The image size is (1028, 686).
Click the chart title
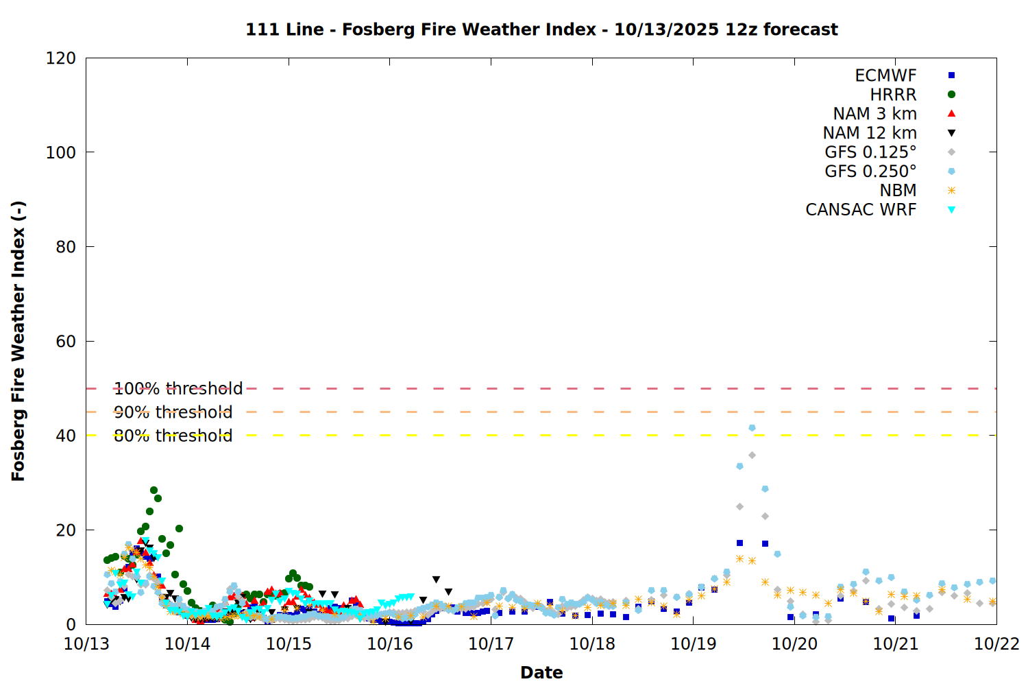[x=541, y=29]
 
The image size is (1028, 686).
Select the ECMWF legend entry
[x=885, y=75]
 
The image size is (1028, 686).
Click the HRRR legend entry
[x=893, y=95]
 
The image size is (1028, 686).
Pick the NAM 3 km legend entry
[x=874, y=114]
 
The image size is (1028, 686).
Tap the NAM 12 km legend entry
[x=870, y=133]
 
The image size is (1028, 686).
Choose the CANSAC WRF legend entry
[x=861, y=210]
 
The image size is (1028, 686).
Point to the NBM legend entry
[x=898, y=191]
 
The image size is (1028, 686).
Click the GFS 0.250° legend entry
[x=870, y=171]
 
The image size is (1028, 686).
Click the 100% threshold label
[x=178, y=389]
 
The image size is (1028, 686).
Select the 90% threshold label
[x=173, y=412]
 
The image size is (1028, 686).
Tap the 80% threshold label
[x=173, y=436]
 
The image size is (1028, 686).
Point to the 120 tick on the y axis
[x=61, y=58]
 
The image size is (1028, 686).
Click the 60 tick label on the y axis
[x=66, y=342]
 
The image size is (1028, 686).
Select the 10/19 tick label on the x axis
[x=694, y=643]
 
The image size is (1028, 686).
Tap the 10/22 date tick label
[x=996, y=643]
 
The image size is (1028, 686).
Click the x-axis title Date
[x=541, y=672]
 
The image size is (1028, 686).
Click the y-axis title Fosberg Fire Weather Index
[x=19, y=341]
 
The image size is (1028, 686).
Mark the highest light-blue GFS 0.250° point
[x=752, y=428]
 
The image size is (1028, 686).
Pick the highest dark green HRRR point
[x=154, y=490]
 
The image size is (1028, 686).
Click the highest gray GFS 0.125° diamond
[x=752, y=456]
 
